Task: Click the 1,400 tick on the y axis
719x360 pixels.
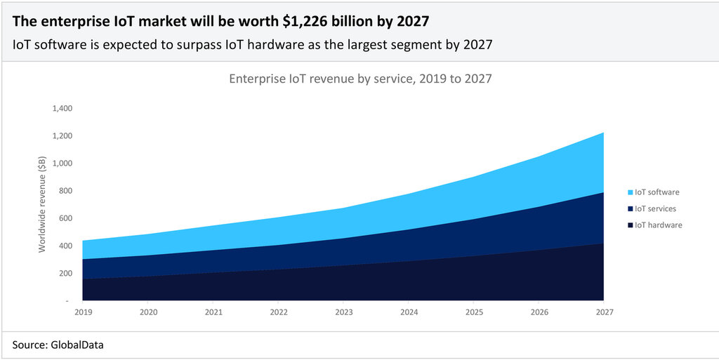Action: [x=62, y=109]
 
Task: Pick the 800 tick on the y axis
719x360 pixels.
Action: [x=66, y=191]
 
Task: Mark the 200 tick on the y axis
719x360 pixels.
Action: [x=66, y=273]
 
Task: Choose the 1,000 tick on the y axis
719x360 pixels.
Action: [x=62, y=164]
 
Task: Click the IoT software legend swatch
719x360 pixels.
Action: [x=629, y=192]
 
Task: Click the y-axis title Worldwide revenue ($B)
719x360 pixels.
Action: [x=42, y=204]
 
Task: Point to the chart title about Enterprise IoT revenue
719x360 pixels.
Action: [x=360, y=79]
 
